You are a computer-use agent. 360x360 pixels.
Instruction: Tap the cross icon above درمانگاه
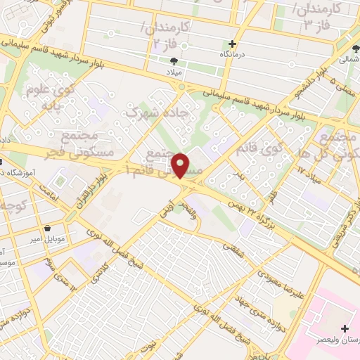pyautogui.click(x=232, y=44)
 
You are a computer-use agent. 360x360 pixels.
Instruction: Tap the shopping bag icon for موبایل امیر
pyautogui.click(x=47, y=229)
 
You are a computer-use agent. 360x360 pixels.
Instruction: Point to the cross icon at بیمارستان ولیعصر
pyautogui.click(x=344, y=328)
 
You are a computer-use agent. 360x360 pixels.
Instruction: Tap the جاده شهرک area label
pyautogui.click(x=149, y=113)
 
